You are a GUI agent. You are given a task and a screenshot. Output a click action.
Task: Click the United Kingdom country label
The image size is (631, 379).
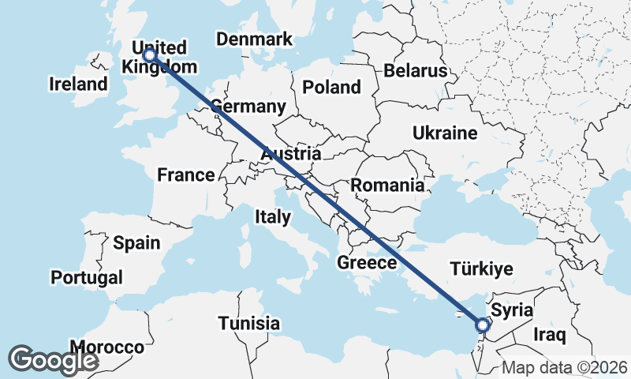tap(159, 57)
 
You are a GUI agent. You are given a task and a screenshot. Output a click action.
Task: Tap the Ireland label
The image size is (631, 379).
tap(78, 84)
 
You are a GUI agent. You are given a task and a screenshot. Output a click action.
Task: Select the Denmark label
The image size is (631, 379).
tap(254, 39)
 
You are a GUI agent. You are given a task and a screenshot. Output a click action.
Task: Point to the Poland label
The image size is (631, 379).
tap(331, 88)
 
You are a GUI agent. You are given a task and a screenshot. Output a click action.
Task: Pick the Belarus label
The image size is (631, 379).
tap(416, 71)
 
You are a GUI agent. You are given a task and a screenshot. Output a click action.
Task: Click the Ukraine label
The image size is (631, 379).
tap(445, 133)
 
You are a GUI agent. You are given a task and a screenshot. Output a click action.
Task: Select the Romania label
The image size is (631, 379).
tap(387, 186)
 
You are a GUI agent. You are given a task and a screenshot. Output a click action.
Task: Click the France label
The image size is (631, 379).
tap(185, 175)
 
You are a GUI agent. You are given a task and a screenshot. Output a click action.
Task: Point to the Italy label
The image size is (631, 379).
tap(273, 216)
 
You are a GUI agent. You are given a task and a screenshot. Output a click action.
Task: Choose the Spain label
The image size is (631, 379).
tap(136, 243)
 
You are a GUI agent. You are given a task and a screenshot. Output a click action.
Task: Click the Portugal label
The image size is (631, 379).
tap(87, 277)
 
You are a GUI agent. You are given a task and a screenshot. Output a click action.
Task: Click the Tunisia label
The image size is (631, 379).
tap(249, 323)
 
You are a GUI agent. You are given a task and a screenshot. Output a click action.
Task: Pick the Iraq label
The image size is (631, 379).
tap(550, 335)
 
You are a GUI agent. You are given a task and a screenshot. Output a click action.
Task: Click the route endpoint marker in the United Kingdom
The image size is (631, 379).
tap(148, 57)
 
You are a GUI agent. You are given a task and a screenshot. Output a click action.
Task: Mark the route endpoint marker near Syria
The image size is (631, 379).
tap(483, 325)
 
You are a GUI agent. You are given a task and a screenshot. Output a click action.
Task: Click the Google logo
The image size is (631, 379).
tap(53, 360)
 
